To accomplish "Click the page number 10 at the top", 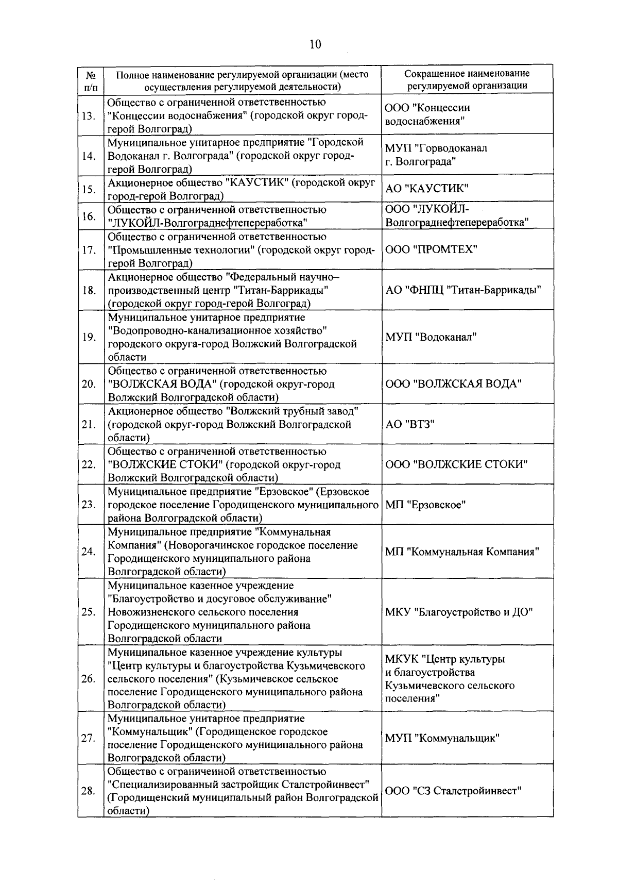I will (x=315, y=44).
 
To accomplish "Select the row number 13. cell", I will (x=89, y=115).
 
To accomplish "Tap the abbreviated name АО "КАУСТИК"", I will (x=427, y=189).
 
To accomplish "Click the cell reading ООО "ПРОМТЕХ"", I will (x=431, y=249).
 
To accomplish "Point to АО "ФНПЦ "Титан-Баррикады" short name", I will (x=463, y=290).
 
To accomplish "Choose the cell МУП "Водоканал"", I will (x=431, y=337).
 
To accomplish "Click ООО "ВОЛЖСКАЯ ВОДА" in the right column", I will (x=454, y=384).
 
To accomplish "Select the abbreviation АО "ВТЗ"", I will (x=410, y=424).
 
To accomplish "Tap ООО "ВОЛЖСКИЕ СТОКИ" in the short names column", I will (x=456, y=464).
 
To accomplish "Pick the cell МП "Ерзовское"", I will (x=425, y=505).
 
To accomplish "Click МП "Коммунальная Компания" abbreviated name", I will (x=462, y=552).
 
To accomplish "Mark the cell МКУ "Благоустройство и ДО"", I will (x=459, y=612).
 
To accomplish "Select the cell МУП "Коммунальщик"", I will (x=442, y=738).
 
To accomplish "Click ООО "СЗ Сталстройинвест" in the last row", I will (x=454, y=791).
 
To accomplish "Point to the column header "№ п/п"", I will (x=90, y=80).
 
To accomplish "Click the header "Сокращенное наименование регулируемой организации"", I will (x=467, y=80).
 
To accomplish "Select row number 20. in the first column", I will (x=89, y=384).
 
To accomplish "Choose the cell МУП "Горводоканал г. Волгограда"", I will (x=436, y=155).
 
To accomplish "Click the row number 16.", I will (x=89, y=216).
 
